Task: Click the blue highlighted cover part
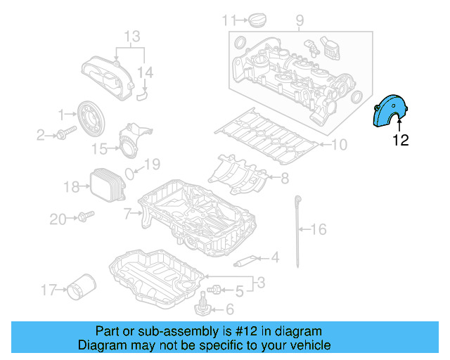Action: pyautogui.click(x=387, y=112)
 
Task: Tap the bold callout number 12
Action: pyautogui.click(x=400, y=141)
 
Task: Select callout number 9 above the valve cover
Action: pyautogui.click(x=300, y=20)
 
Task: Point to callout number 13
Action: pyautogui.click(x=132, y=36)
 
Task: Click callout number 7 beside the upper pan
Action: pyautogui.click(x=127, y=212)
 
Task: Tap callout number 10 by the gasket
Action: pyautogui.click(x=340, y=146)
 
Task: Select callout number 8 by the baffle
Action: pyautogui.click(x=284, y=179)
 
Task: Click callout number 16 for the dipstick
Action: pyautogui.click(x=319, y=229)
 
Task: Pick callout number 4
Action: pyautogui.click(x=274, y=258)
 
